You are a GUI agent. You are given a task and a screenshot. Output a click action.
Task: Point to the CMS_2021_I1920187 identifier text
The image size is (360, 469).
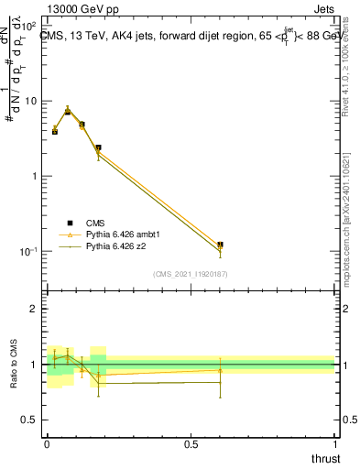191,274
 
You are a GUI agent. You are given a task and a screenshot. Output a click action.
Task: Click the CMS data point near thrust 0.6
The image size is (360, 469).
220,245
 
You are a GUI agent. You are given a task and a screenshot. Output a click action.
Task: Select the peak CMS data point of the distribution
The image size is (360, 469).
68,111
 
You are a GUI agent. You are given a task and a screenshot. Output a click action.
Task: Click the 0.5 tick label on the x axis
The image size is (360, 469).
191,444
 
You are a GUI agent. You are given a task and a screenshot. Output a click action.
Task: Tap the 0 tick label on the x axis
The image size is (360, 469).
47,444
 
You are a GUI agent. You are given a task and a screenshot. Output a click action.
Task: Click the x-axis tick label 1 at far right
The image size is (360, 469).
334,444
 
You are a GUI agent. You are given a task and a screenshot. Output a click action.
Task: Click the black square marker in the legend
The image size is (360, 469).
70,223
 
